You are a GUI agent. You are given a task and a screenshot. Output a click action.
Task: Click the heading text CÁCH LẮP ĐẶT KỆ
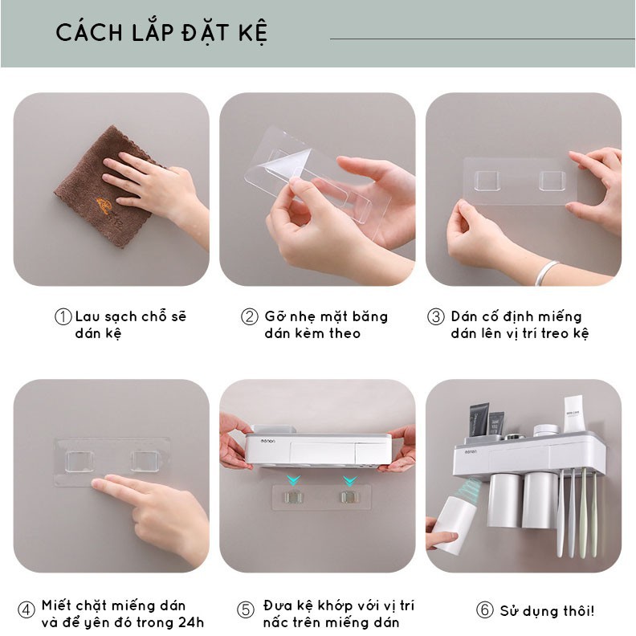pyautogui.click(x=161, y=32)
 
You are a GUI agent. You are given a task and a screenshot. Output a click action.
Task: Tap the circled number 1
pyautogui.click(x=63, y=316)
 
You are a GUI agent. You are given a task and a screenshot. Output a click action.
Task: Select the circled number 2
pyautogui.click(x=250, y=316)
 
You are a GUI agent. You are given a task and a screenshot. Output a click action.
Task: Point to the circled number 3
pyautogui.click(x=436, y=316)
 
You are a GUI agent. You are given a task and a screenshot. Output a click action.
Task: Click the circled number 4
pyautogui.click(x=26, y=610)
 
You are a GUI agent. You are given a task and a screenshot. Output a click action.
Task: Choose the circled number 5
pyautogui.click(x=246, y=610)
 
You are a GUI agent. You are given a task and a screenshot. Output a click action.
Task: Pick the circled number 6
pyautogui.click(x=484, y=610)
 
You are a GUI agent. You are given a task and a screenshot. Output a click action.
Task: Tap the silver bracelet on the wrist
pyautogui.click(x=546, y=272)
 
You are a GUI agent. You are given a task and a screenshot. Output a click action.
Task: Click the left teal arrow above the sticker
pyautogui.click(x=294, y=481)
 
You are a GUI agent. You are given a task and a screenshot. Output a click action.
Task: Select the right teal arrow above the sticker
pyautogui.click(x=349, y=481)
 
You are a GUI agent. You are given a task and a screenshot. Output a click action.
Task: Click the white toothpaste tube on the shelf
pyautogui.click(x=573, y=414)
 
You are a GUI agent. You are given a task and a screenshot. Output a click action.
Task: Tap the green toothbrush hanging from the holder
pyautogui.click(x=583, y=512)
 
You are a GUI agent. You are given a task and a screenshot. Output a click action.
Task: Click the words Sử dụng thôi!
pyautogui.click(x=547, y=611)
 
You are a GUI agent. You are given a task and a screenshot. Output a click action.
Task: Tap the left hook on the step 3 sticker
pyautogui.click(x=487, y=181)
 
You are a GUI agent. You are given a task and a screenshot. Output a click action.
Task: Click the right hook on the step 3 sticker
pyautogui.click(x=552, y=181)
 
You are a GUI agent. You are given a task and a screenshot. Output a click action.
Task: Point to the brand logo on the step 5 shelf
pyautogui.click(x=267, y=441)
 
